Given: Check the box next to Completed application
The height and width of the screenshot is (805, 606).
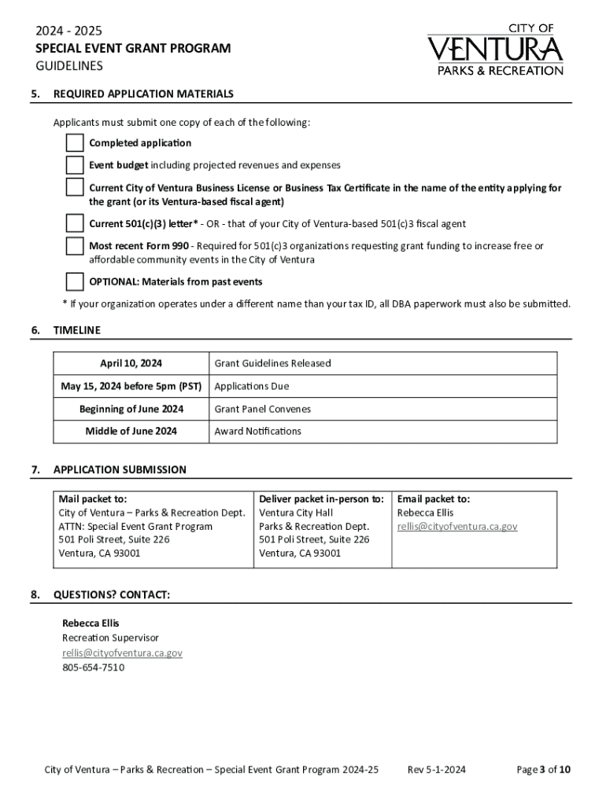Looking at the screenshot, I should [x=75, y=143].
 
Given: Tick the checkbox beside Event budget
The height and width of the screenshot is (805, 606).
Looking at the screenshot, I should [x=75, y=165].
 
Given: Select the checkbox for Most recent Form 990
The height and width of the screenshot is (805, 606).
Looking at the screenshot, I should [x=75, y=246].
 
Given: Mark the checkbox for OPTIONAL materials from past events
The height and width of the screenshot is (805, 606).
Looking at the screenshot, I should [x=75, y=281].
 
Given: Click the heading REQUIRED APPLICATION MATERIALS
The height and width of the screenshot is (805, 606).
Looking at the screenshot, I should [x=142, y=94].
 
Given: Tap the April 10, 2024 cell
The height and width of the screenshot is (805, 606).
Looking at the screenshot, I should [x=131, y=363].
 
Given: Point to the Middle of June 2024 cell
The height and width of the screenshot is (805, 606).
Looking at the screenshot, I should [x=131, y=431].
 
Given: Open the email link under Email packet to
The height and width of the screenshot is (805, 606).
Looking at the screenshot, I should [x=456, y=526].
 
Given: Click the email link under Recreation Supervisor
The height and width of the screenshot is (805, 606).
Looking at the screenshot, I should [x=122, y=652].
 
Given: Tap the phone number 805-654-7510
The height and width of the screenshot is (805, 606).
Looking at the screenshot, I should [x=93, y=667].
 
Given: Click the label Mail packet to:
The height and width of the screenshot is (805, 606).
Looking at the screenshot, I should [x=93, y=498].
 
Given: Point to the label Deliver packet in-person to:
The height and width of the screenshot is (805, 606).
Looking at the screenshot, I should [x=321, y=498].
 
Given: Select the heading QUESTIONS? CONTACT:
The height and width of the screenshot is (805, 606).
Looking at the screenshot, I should [x=111, y=594].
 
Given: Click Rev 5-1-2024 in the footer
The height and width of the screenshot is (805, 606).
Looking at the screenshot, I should [x=436, y=770].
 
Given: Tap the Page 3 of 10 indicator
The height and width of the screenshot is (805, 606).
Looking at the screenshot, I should [x=543, y=770].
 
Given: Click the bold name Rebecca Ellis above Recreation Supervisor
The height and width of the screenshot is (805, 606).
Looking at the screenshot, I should [x=91, y=623].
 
